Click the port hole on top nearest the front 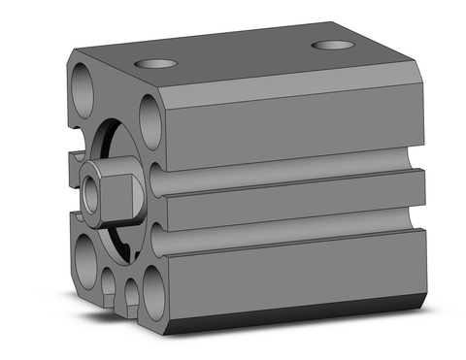(x=156, y=64)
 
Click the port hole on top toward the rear (x=332, y=45)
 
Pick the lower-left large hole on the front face (x=84, y=260)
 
